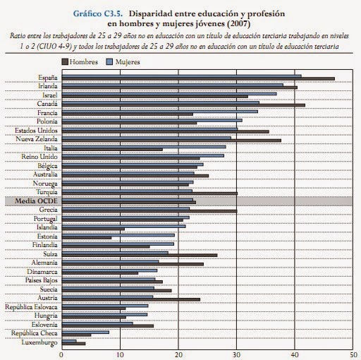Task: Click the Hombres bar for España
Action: click(198, 79)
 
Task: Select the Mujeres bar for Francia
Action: click(160, 112)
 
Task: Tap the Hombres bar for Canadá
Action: click(183, 105)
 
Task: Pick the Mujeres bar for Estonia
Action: click(118, 235)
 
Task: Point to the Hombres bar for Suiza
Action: click(140, 256)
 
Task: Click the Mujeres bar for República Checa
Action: click(85, 332)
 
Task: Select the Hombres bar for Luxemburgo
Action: click(74, 344)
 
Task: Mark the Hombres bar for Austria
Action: click(131, 299)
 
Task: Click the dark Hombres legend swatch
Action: click(65, 62)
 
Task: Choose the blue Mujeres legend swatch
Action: click(109, 62)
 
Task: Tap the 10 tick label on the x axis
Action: click(120, 355)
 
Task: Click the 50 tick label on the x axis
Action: click(353, 355)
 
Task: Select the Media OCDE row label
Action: click(36, 201)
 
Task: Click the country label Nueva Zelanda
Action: click(37, 139)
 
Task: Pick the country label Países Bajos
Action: click(42, 280)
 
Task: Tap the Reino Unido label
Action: click(39, 157)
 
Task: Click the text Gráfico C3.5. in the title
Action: click(98, 13)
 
